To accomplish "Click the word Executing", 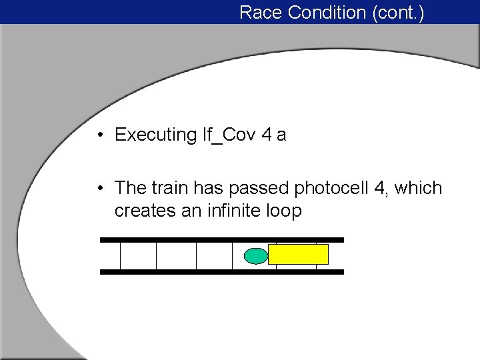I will pos(155,135).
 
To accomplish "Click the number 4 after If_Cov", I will pos(267,135).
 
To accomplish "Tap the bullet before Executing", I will pos(98,135).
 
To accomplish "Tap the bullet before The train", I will pos(98,189).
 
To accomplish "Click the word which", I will pos(419,188).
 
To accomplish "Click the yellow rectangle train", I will pos(298,254).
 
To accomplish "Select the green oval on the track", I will pos(255,256).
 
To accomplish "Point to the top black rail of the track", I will pos(221,239).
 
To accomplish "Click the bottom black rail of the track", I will pos(221,272).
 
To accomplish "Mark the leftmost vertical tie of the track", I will pos(121,255).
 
